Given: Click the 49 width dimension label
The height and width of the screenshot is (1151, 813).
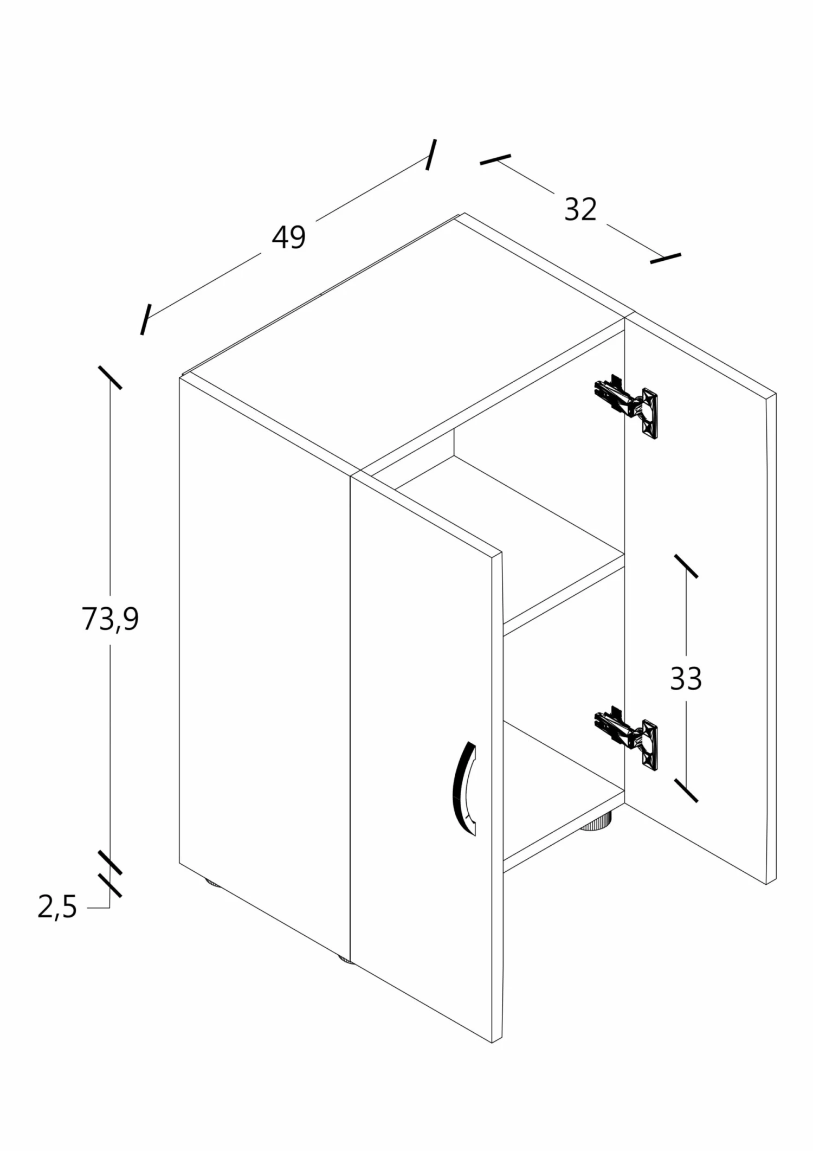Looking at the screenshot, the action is click(x=289, y=237).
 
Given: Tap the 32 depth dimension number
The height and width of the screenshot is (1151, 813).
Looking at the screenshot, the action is click(x=580, y=209).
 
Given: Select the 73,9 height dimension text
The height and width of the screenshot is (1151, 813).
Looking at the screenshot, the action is click(x=111, y=619).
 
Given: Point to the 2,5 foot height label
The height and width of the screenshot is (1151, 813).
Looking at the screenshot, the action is click(x=57, y=906).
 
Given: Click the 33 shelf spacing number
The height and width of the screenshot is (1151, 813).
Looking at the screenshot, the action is click(x=686, y=678).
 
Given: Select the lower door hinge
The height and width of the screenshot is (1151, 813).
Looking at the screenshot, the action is click(x=627, y=737).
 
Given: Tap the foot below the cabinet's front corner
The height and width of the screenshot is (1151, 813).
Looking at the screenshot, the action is click(x=345, y=960).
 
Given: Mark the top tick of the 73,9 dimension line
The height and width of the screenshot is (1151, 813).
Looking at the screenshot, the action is click(x=110, y=377).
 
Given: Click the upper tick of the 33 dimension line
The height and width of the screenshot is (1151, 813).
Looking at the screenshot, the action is click(x=686, y=566).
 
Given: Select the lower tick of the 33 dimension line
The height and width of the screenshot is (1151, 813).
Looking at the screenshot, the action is click(x=686, y=790).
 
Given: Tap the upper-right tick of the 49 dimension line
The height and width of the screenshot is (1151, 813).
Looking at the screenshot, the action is click(x=431, y=155).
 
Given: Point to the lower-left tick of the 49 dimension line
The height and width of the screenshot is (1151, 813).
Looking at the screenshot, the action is click(x=145, y=319).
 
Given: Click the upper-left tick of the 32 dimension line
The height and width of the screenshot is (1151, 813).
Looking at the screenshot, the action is click(x=495, y=159).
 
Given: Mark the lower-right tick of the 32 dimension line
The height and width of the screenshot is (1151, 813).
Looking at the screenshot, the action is click(x=666, y=258).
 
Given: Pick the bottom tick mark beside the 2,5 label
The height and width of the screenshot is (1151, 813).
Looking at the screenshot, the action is click(x=110, y=885).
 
